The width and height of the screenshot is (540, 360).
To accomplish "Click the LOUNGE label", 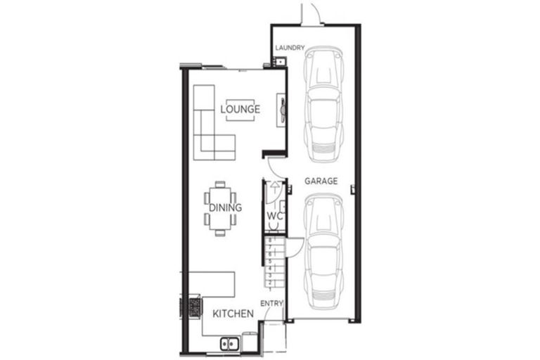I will coord(240,110).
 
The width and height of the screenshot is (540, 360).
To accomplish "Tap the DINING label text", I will coord(225,208).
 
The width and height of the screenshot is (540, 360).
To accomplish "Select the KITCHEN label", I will coord(233,314).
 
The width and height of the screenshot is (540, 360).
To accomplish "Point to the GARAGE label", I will coord(321,181).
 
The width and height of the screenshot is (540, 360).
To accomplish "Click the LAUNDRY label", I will coord(289,49).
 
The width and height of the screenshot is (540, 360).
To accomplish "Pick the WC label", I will coord(274,216).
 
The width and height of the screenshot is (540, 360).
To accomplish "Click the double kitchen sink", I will coord(230,344).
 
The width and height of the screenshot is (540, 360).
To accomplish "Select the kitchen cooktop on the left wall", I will coord(191,307).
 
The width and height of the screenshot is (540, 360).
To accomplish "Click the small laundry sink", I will coord(278,63).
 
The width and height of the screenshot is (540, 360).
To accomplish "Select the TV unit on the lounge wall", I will coord(282,110).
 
